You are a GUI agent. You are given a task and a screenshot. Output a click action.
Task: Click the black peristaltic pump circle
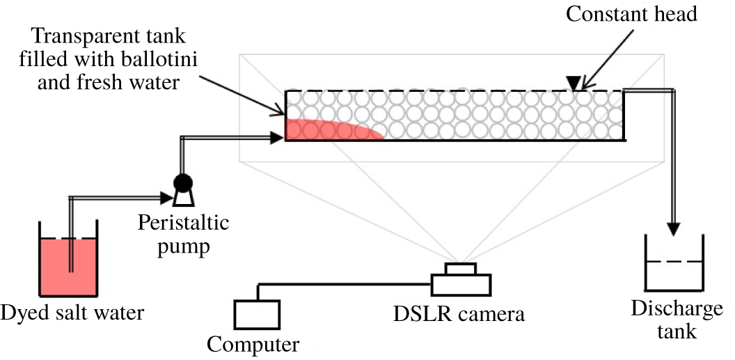coord(183,182)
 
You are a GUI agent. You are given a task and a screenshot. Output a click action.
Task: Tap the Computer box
coord(257,314)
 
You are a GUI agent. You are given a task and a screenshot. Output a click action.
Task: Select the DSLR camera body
coord(461,285)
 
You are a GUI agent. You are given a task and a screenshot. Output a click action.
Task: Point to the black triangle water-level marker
coord(572,84)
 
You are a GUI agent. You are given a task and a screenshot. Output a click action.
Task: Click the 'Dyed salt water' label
coord(72,312)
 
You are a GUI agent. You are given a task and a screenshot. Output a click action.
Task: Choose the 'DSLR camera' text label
coord(457,314)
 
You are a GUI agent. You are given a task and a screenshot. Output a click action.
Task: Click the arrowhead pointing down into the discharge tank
coord(673,230)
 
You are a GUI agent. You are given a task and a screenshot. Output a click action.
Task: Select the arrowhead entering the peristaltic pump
coord(167,198)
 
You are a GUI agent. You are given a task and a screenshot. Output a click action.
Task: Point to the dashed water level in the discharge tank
coord(674,262)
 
